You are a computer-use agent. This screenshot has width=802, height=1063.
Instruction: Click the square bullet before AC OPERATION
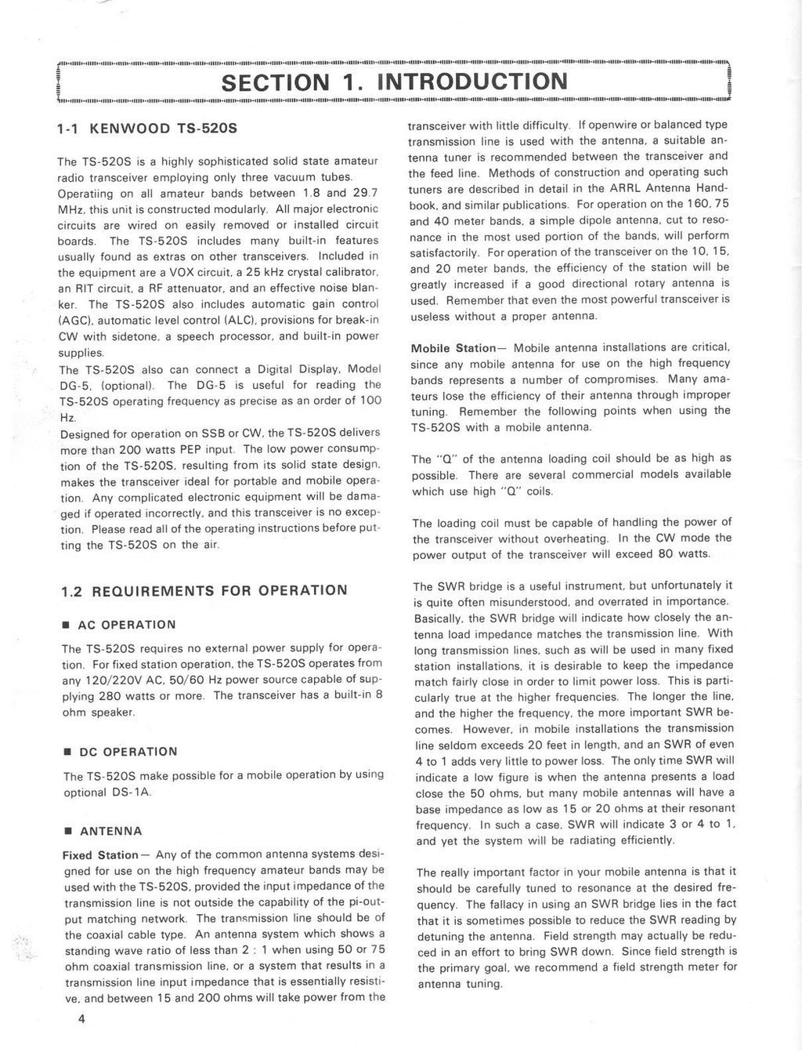[x=68, y=625]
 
